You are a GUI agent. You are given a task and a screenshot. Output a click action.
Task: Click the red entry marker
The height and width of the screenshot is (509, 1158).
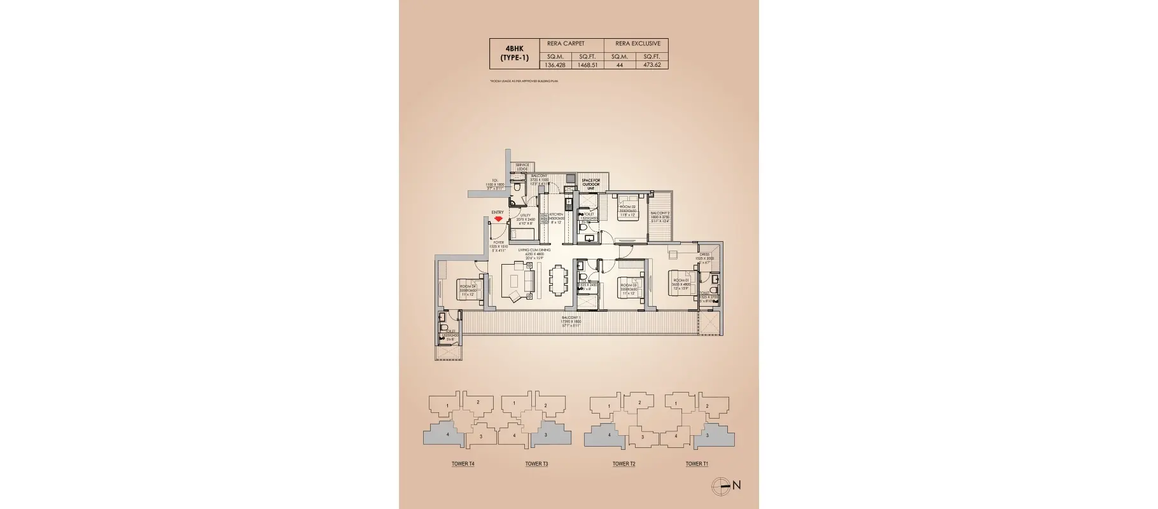(498, 219)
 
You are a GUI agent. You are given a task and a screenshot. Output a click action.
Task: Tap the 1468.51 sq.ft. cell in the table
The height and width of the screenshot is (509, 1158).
(587, 65)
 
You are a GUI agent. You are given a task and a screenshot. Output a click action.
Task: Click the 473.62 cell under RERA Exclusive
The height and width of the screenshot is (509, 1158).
(652, 65)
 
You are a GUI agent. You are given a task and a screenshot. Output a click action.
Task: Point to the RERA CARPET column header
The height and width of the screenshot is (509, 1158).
(566, 43)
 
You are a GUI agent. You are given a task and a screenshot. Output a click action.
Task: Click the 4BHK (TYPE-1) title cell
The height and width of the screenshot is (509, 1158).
(514, 53)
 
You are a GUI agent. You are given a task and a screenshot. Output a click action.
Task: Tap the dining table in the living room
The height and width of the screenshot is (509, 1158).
(558, 280)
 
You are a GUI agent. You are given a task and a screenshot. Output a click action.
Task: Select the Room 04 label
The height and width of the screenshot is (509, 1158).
(468, 289)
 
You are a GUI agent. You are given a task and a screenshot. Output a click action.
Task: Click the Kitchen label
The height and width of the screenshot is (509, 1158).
(556, 218)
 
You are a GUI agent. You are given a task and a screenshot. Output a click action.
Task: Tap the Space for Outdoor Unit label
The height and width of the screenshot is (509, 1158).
(590, 184)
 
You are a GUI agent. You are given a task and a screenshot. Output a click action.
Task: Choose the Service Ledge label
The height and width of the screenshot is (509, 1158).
(522, 167)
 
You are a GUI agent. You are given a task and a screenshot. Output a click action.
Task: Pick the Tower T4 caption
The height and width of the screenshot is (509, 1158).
(463, 464)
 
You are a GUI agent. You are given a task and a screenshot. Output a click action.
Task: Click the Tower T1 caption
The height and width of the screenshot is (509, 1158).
(697, 464)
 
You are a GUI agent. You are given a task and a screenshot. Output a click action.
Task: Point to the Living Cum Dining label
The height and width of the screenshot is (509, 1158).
(534, 252)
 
